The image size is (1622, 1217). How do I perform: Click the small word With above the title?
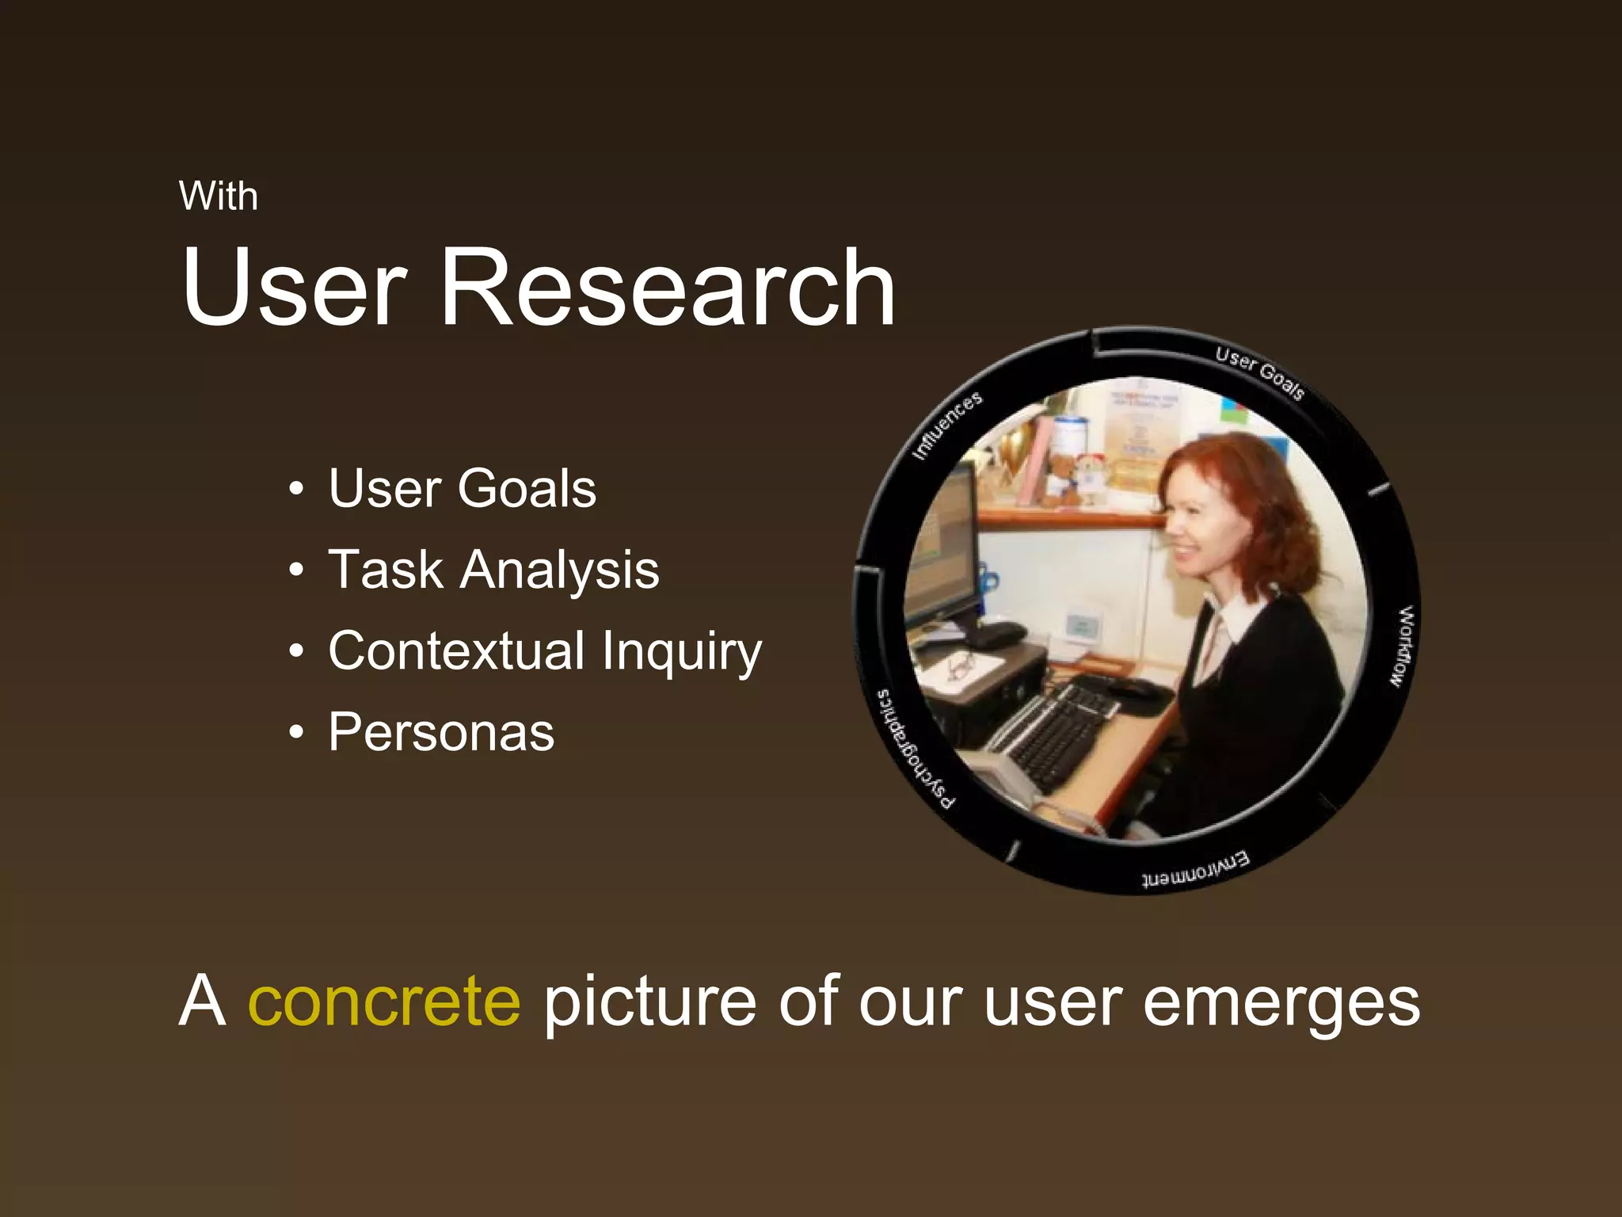pos(219,196)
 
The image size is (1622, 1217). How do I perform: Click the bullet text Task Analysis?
pos(493,570)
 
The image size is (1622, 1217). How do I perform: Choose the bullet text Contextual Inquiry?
pos(545,651)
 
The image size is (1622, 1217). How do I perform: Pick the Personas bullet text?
pos(441,732)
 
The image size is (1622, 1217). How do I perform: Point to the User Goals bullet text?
pos(462,488)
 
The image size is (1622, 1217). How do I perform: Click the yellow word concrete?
pos(384,1001)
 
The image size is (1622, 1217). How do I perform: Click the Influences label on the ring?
pos(947,425)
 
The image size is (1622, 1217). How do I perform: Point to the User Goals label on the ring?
pos(1259,372)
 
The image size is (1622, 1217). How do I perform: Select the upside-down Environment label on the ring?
pos(1195,870)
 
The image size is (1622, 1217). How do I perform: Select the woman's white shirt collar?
pos(1236,618)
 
